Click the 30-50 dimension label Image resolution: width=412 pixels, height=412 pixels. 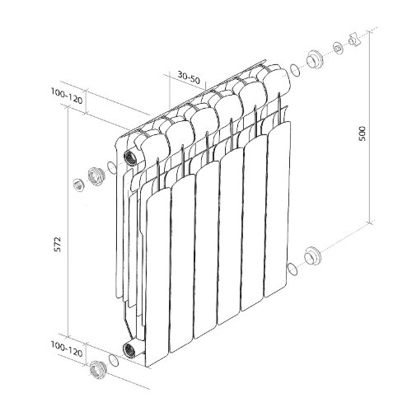coord(189,77)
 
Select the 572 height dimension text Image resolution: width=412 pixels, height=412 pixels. coord(57,244)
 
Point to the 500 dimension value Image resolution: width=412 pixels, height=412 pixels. coord(363,133)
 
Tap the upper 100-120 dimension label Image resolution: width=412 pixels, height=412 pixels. coord(67,96)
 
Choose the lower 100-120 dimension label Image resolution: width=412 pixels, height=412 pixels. coord(67,349)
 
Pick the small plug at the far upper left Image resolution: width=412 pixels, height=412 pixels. coord(79,185)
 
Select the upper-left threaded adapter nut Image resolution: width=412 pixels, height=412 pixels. coord(96,176)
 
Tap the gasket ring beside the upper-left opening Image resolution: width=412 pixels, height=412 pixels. coord(111,167)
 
